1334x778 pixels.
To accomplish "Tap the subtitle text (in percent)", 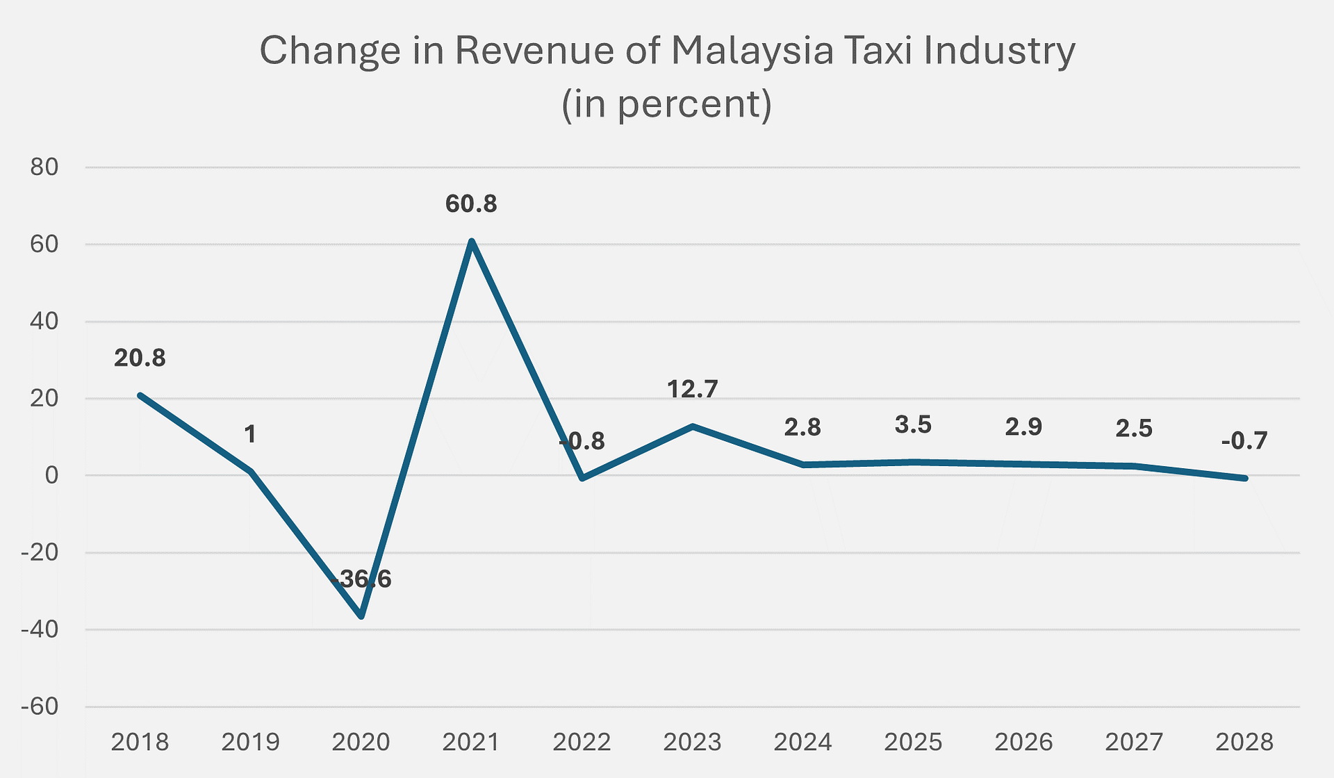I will (x=667, y=104).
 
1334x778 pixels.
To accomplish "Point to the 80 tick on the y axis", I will (x=43, y=167).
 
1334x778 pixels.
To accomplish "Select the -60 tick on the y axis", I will (x=40, y=707).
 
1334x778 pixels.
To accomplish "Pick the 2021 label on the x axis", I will (x=471, y=743).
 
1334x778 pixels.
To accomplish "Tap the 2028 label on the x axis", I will (x=1244, y=743).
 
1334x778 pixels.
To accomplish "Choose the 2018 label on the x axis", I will (x=140, y=743).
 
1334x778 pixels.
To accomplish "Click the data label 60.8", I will (x=471, y=204).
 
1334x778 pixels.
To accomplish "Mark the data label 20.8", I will (x=140, y=358).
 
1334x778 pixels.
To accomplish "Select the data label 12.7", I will (x=692, y=390).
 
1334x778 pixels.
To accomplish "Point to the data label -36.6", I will (x=361, y=579).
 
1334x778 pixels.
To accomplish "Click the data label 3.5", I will (x=913, y=425).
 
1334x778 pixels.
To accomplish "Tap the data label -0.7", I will (x=1244, y=441).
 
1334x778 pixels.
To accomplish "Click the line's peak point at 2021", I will (x=472, y=242).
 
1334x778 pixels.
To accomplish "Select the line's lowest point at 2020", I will (x=361, y=616).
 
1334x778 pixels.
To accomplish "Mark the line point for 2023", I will (x=693, y=427).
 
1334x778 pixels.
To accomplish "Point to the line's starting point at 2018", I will (x=140, y=395).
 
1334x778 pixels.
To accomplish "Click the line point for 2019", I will (x=251, y=472).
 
